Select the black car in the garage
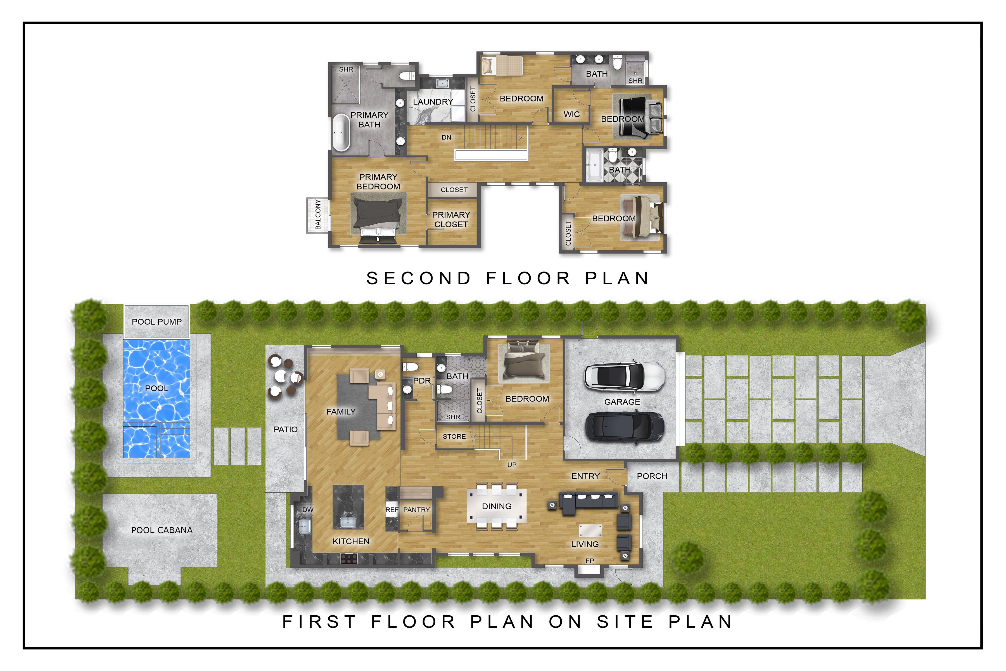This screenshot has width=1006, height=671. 625,426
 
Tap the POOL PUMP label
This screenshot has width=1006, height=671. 156,322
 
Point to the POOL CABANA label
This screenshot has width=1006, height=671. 162,530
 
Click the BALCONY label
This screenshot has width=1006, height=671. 318,214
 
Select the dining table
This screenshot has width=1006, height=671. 497,506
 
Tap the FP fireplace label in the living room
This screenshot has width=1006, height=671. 590,561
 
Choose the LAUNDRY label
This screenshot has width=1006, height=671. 433,102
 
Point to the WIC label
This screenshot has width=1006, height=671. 571,114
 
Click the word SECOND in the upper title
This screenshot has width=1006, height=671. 419,278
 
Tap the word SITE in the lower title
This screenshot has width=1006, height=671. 625,622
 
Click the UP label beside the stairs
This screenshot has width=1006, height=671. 512,465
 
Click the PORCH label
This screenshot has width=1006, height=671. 652,476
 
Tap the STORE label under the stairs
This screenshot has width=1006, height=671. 454,436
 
